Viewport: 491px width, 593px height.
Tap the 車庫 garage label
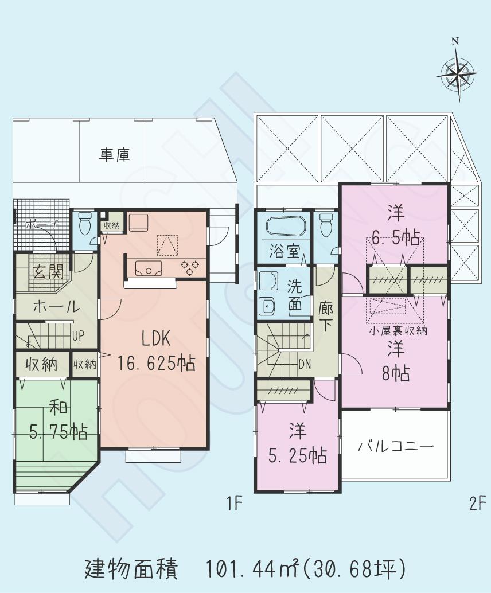pyautogui.click(x=114, y=154)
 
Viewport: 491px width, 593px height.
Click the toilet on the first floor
pyautogui.click(x=84, y=223)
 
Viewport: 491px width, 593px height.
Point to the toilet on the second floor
pyautogui.click(x=326, y=223)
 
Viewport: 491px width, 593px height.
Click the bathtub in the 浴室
pyautogui.click(x=285, y=226)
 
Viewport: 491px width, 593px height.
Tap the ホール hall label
pyautogui.click(x=56, y=307)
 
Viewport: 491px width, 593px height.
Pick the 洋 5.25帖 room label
pyautogui.click(x=298, y=444)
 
